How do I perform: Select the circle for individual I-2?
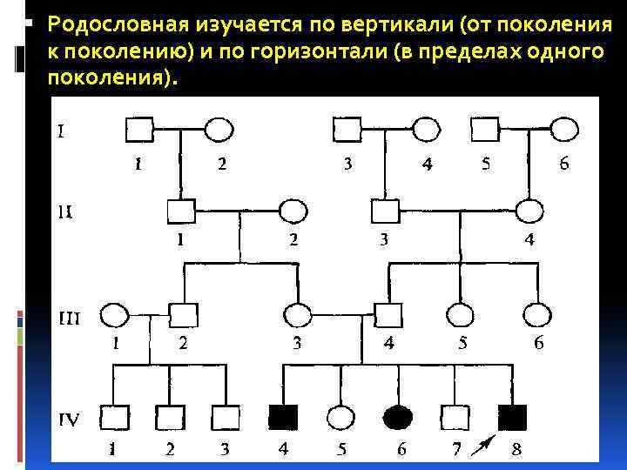click(219, 130)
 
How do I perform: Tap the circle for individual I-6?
click(564, 130)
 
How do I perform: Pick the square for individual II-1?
click(180, 211)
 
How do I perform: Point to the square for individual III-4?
click(388, 315)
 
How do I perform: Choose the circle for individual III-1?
click(115, 315)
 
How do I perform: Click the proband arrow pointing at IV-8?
click(479, 445)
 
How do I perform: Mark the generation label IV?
click(70, 420)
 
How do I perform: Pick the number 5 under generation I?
click(485, 164)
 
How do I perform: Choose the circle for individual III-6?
click(537, 315)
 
